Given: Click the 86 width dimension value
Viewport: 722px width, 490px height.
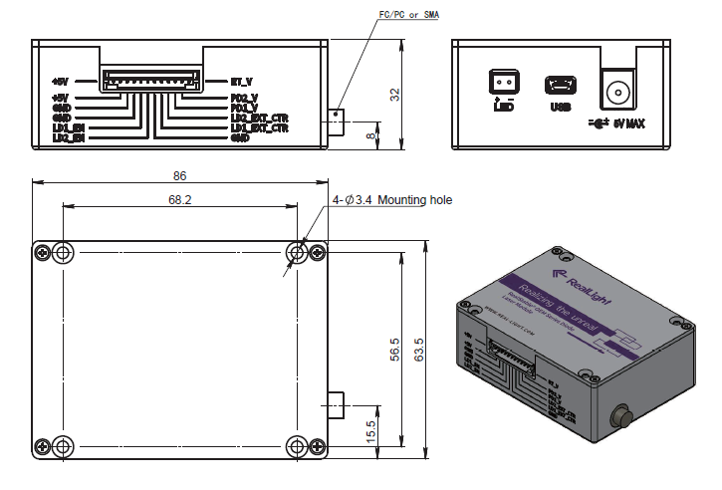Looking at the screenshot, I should tap(179, 175).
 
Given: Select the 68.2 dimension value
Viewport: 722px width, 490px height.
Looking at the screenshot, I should tap(180, 199).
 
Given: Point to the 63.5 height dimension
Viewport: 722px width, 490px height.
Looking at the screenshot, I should tap(419, 349).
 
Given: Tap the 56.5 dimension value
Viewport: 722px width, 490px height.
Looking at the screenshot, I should tap(394, 351).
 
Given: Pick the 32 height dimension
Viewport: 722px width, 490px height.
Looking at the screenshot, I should tap(394, 94).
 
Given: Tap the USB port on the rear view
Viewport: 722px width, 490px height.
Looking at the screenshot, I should tap(560, 86).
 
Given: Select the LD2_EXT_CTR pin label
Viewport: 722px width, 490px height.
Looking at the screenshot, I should tap(259, 118).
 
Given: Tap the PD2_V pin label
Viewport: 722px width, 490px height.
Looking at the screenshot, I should tap(244, 98).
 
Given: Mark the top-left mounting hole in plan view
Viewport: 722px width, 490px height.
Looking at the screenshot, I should tap(63, 253).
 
